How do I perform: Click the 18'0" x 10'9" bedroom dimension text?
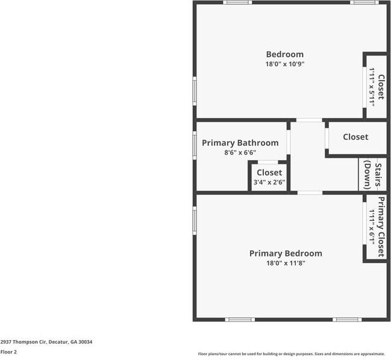click(x=284, y=64)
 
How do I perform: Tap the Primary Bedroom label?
click(x=286, y=253)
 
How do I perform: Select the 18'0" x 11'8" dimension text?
click(x=286, y=263)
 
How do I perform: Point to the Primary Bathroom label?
click(x=240, y=143)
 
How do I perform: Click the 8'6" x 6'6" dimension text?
click(x=240, y=153)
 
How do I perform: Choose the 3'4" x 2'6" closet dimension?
click(x=269, y=182)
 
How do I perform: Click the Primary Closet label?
click(x=381, y=227)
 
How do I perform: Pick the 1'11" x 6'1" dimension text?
click(x=372, y=227)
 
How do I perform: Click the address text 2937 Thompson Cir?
click(x=46, y=342)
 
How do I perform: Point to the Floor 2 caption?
click(x=8, y=352)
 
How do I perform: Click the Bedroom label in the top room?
click(x=284, y=54)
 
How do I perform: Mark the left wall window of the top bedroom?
click(x=194, y=90)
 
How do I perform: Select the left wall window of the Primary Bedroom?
click(x=194, y=220)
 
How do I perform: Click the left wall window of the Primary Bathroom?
click(x=194, y=144)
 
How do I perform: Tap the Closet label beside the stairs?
click(x=355, y=137)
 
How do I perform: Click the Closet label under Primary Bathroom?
click(x=269, y=173)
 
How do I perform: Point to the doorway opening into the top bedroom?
click(x=309, y=120)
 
